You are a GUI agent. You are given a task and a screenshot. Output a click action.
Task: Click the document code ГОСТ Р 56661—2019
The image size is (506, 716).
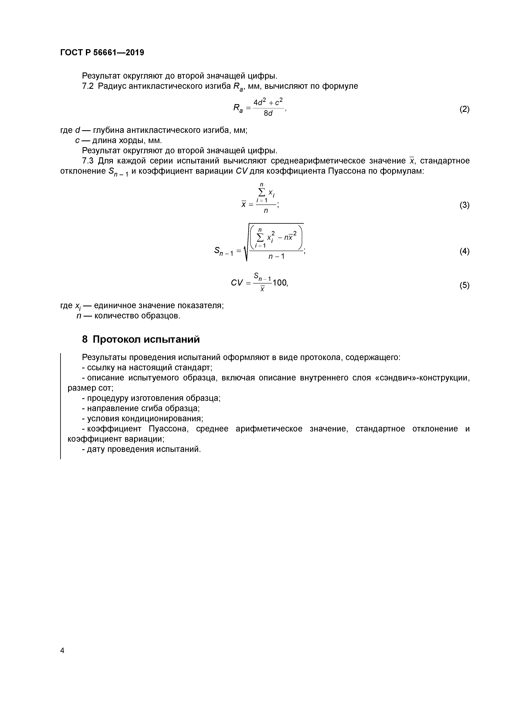102,52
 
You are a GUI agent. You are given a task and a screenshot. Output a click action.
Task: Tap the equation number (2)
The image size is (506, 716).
464,109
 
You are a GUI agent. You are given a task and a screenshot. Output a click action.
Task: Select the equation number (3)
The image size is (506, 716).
464,205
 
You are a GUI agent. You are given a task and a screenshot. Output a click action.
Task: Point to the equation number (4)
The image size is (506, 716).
464,251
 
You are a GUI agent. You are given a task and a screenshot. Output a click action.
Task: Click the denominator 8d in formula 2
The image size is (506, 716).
268,113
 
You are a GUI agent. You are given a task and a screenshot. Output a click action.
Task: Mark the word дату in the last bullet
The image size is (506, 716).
97,449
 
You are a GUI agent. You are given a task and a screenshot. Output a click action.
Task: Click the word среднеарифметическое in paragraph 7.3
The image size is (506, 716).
318,161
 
